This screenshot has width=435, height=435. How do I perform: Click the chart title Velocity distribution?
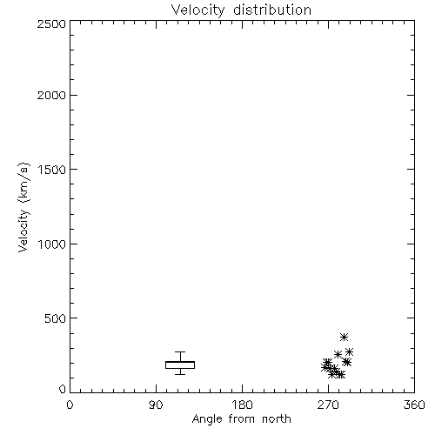coord(241,10)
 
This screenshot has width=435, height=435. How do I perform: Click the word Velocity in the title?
coord(197,10)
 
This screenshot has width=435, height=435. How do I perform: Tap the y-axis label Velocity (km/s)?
coord(23,207)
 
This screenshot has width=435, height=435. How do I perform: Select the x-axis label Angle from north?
coord(241,419)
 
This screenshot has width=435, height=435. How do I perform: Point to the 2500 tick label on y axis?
coord(52,23)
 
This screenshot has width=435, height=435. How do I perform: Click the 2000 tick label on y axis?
coord(52,95)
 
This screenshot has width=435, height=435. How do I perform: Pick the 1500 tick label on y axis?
coord(52,170)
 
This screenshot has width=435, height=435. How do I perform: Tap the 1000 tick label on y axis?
coord(52,244)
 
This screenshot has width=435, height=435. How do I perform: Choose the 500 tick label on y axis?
coord(56,318)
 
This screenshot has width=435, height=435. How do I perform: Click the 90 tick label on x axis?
coord(156,405)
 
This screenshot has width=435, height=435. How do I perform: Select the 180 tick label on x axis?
coord(242,405)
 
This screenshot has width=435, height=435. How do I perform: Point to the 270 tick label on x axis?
coord(328,405)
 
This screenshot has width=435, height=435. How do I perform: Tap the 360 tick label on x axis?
coord(414,405)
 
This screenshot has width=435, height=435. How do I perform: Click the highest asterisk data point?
coord(344,337)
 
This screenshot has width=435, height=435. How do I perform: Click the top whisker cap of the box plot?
coord(180,352)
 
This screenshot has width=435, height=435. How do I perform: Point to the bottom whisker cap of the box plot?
coord(180,374)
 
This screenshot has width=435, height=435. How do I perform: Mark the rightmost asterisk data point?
coord(349,352)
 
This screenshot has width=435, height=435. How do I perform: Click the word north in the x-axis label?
coord(277,419)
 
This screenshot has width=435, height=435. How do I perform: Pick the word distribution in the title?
coord(272,10)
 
